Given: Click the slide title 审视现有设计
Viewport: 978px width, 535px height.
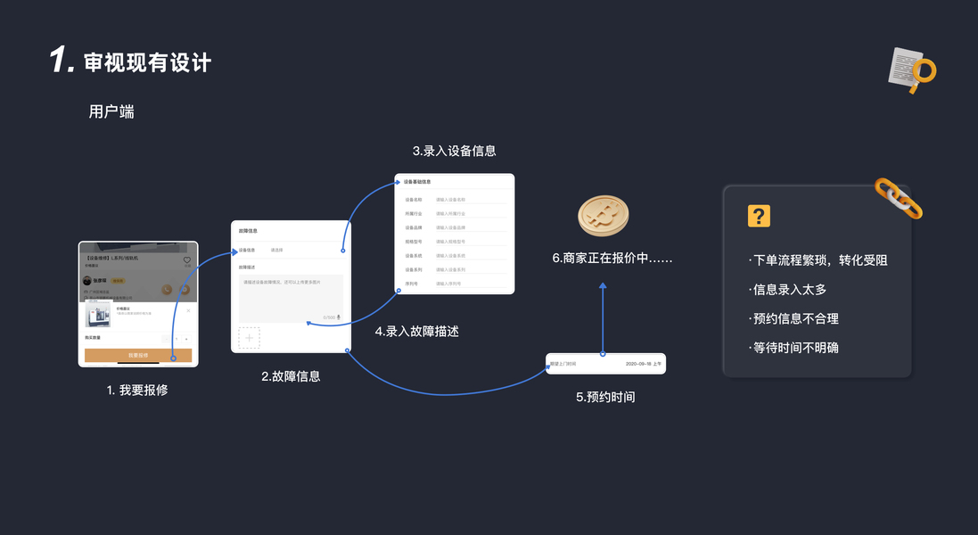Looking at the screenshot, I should tap(147, 62).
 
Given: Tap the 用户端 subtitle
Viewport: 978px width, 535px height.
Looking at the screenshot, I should tap(111, 111).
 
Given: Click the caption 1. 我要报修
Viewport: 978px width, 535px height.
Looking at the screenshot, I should tap(137, 391).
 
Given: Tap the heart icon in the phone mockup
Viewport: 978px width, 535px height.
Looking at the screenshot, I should tap(187, 260).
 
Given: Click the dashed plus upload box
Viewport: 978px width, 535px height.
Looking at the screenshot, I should tap(249, 338).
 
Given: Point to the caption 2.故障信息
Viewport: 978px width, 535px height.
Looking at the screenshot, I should tap(291, 376).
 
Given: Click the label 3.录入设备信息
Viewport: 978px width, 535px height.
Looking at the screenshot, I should tap(454, 151).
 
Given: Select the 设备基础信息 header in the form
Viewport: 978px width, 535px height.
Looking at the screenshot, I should tap(417, 182).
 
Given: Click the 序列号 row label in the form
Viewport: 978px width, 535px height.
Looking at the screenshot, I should tap(412, 284).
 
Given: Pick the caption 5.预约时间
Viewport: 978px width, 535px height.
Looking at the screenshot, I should tap(605, 397).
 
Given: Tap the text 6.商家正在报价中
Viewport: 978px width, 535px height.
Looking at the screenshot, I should tap(612, 258).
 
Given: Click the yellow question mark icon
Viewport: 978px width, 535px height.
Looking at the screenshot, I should tap(759, 216).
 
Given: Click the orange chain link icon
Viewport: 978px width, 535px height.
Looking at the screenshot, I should tap(898, 198).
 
